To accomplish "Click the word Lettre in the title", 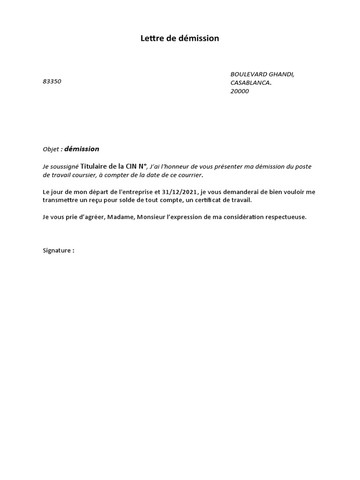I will coord(151,38).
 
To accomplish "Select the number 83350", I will coord(52,82).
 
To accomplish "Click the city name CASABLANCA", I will coord(250,83).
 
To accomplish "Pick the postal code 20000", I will coord(240,91).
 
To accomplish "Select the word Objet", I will coord(51,150).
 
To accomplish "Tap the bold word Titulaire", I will coord(96,166).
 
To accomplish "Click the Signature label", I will coord(57,250).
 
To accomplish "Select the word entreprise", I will coord(135,192).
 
